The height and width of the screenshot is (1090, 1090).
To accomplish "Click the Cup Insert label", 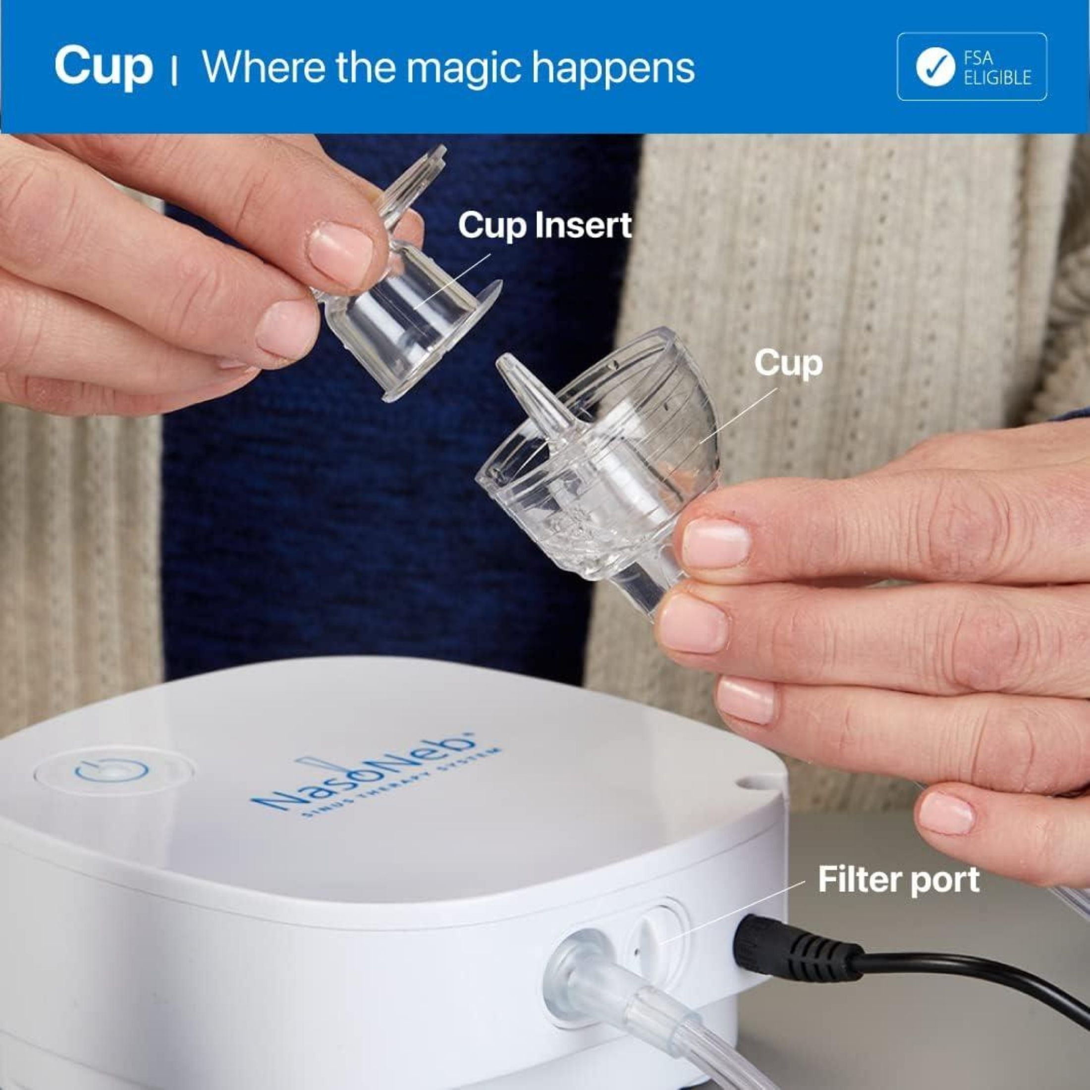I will click(x=545, y=225).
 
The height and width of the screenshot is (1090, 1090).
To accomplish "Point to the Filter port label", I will click(x=898, y=879).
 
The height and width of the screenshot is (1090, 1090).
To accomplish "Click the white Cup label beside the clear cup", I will click(x=788, y=363).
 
